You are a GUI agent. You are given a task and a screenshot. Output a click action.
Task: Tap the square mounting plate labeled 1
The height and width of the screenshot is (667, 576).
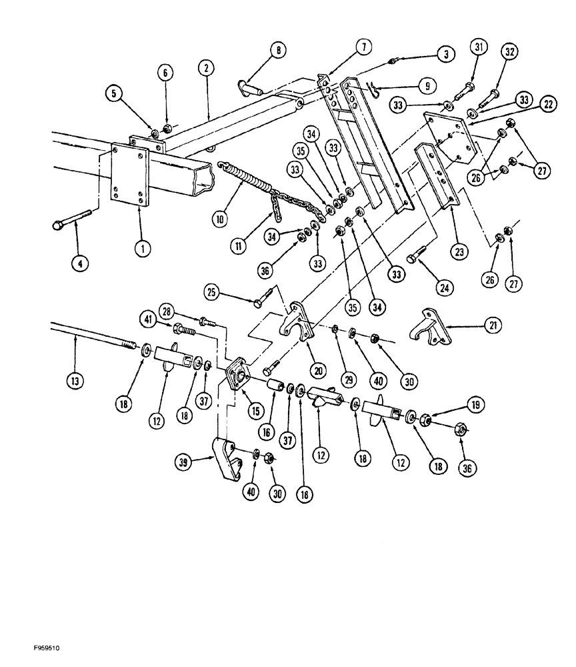129,173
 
